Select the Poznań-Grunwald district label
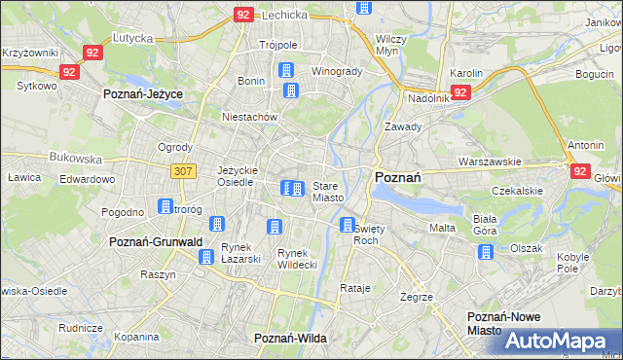(156, 241)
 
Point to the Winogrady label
(337, 71)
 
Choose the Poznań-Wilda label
(289, 338)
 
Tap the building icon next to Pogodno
(165, 206)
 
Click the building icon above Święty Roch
(348, 225)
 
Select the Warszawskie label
(490, 162)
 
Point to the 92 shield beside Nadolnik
(461, 92)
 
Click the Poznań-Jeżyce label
(143, 93)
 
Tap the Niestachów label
(250, 117)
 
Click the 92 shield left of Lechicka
(243, 15)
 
